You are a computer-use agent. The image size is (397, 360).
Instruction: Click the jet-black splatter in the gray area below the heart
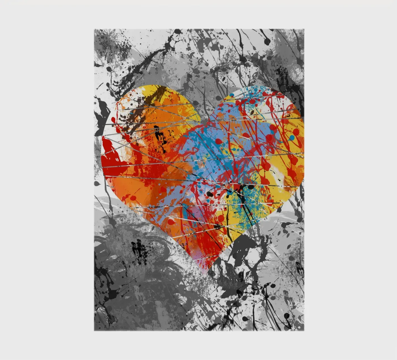click(139, 251)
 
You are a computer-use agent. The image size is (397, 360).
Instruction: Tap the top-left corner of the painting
click(94, 29)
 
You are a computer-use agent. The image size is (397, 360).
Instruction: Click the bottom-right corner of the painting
click(304, 330)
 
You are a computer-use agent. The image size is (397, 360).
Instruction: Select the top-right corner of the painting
click(304, 29)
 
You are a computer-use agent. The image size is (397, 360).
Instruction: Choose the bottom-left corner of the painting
click(94, 330)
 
